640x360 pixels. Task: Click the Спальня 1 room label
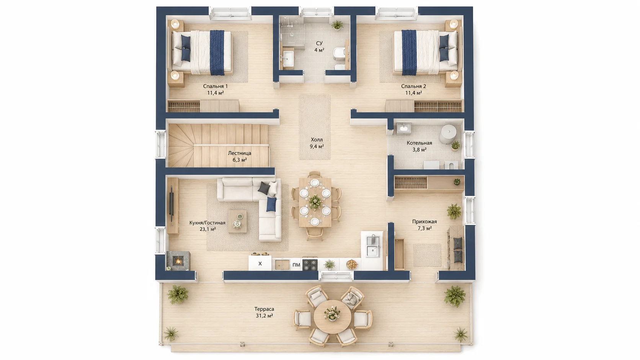point(216,86)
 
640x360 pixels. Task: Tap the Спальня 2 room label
point(413,86)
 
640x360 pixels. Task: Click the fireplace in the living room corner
point(178,261)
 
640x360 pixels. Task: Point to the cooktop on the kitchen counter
point(310,265)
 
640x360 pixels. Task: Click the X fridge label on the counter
point(260,264)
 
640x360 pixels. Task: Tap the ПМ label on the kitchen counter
point(296,265)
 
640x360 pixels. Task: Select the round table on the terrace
point(333,316)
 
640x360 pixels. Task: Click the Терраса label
point(264,309)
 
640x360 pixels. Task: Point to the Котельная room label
point(420,143)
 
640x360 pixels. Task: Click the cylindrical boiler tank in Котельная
point(448,134)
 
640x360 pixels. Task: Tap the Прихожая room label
point(424,222)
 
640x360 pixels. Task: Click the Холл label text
point(317,140)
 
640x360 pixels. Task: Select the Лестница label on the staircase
point(240,153)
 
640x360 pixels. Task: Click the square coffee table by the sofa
point(237,221)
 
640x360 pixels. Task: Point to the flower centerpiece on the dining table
point(315,201)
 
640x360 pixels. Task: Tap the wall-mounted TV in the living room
point(171,203)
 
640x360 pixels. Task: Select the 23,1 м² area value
point(208,229)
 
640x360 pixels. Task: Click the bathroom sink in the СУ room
point(288,59)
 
